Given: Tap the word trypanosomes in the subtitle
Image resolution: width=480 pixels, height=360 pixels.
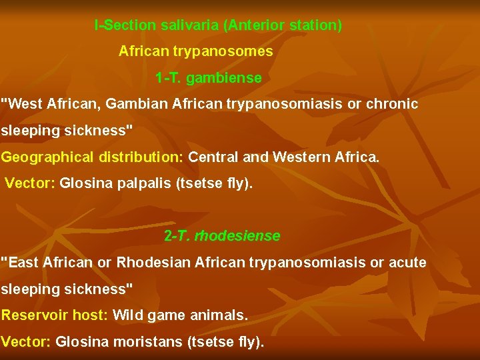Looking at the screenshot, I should click(233, 51).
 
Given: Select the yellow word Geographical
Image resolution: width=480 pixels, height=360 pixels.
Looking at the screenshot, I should click(47, 157).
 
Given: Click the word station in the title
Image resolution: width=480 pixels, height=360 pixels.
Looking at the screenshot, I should click(313, 26).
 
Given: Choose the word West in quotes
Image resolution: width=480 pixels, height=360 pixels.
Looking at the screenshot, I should click(25, 105).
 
